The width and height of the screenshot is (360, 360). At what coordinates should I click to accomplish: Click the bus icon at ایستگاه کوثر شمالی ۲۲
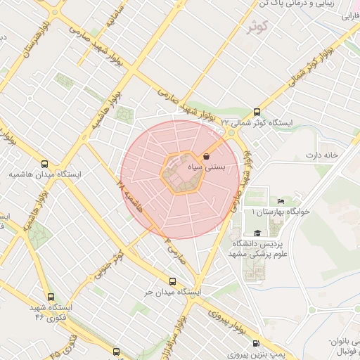[256, 112]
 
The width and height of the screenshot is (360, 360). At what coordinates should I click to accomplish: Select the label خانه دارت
[322, 154]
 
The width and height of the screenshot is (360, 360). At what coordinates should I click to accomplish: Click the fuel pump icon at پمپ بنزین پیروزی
[255, 344]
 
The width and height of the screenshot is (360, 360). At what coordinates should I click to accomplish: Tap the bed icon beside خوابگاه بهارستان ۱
[281, 201]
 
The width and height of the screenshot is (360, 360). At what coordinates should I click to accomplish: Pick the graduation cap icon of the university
[257, 233]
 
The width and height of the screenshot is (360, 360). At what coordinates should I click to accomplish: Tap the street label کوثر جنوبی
[110, 261]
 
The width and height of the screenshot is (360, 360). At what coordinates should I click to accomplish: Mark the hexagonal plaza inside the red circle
[184, 172]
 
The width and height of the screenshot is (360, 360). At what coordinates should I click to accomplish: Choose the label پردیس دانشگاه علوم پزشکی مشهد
[257, 248]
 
